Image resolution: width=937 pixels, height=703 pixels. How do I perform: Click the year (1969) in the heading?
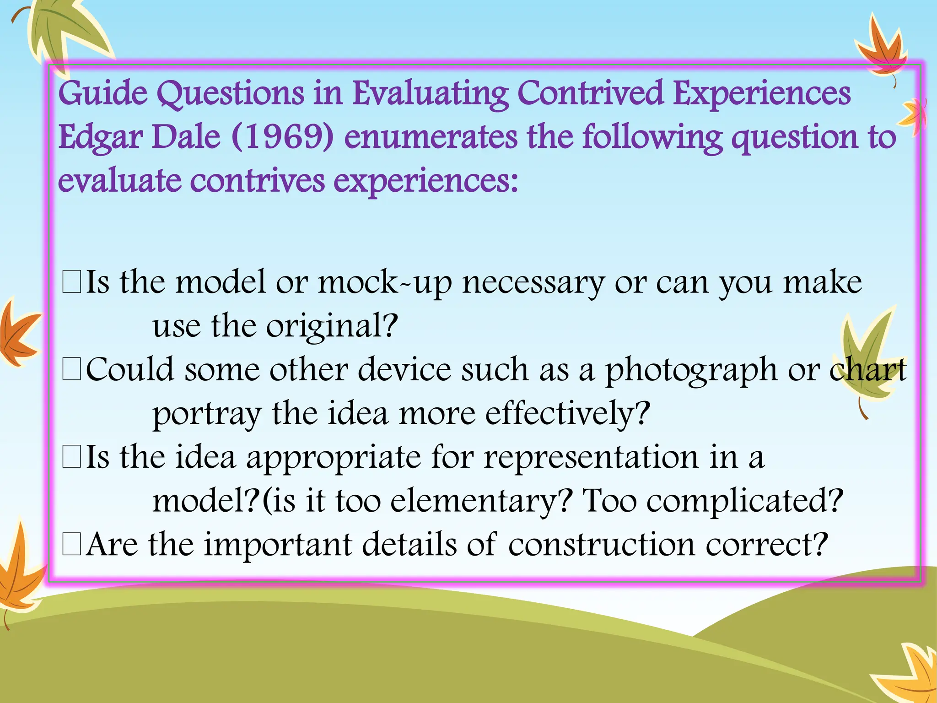(x=283, y=137)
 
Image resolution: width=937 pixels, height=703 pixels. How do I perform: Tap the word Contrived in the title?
(x=590, y=93)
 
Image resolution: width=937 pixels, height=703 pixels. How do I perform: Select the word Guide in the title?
(x=103, y=93)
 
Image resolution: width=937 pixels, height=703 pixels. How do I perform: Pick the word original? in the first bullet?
(x=332, y=326)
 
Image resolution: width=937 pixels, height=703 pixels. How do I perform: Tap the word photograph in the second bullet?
(x=691, y=370)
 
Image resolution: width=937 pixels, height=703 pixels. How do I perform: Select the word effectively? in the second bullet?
(x=567, y=414)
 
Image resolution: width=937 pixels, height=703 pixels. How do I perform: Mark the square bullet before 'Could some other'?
(x=72, y=370)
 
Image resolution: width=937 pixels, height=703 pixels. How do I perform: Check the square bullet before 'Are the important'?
(x=72, y=545)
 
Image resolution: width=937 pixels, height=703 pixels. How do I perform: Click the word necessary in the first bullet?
(x=533, y=282)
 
